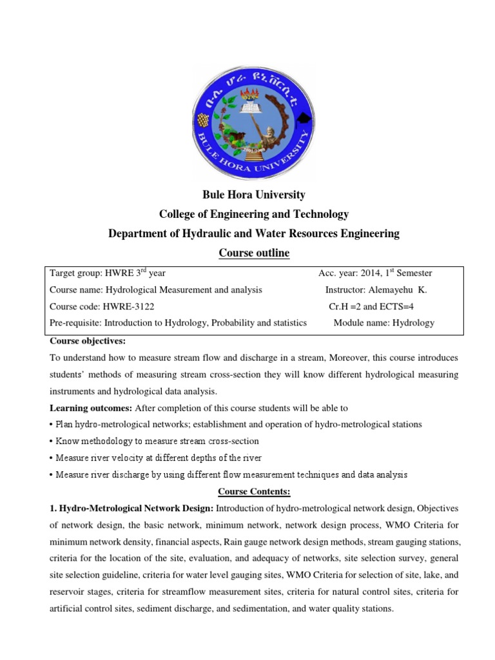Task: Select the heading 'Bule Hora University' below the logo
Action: (254, 195)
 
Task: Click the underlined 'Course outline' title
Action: (254, 253)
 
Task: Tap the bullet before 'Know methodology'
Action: (51, 442)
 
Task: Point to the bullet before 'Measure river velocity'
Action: (51, 458)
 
